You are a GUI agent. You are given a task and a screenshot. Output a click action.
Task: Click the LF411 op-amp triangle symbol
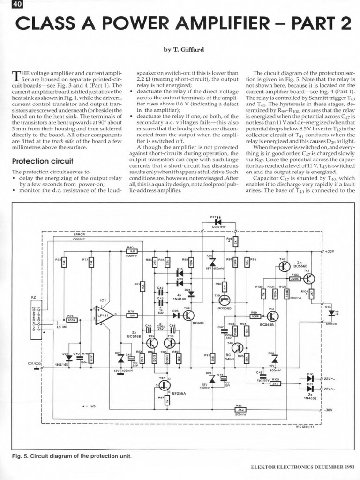[x=104, y=314]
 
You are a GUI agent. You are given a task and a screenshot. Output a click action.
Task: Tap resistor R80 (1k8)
[x=131, y=251]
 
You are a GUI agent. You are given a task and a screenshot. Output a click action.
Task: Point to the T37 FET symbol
[x=163, y=384]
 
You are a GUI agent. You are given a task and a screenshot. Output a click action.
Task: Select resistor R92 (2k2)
[x=240, y=409]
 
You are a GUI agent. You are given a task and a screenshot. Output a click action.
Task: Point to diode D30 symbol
[x=310, y=378]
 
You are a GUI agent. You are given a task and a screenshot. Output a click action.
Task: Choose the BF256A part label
[x=179, y=393]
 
